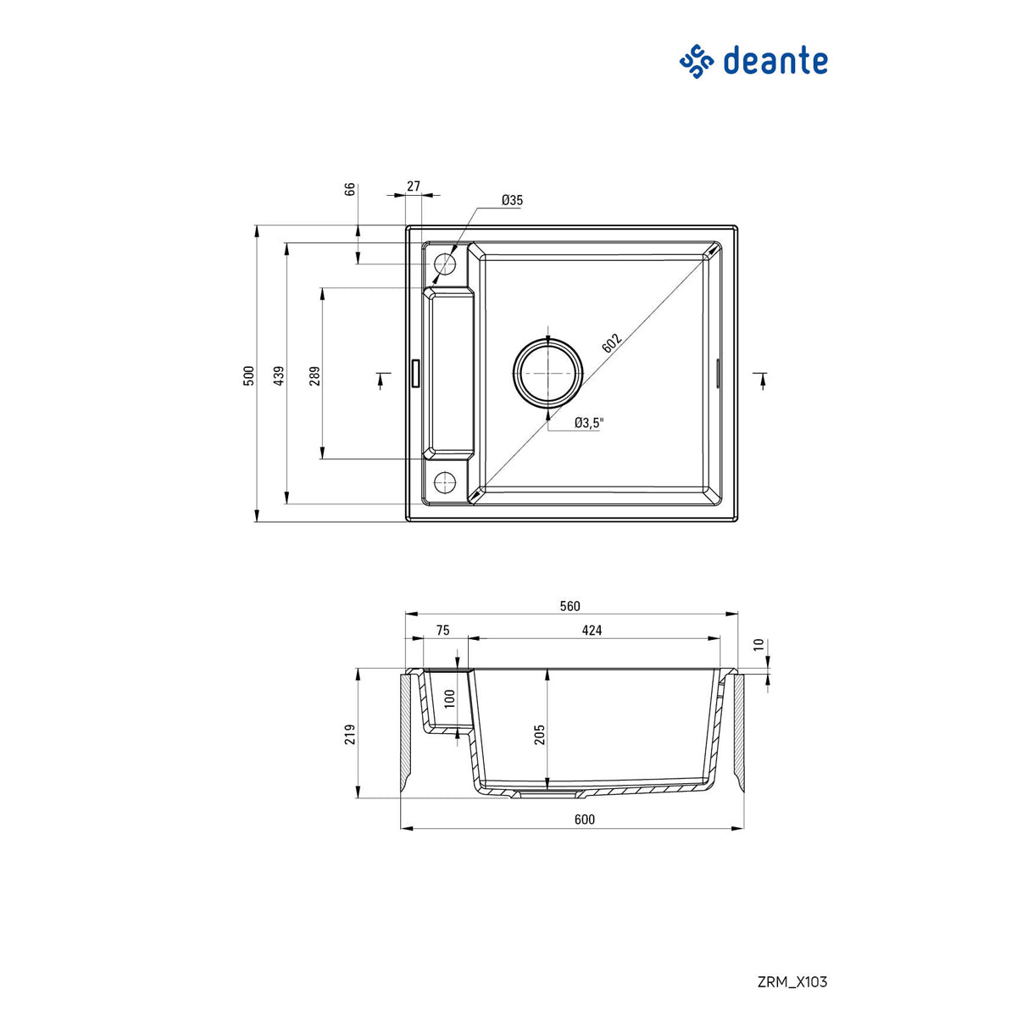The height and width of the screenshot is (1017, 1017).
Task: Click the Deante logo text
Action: tap(775, 62)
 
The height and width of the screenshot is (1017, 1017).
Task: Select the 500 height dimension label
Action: tap(249, 375)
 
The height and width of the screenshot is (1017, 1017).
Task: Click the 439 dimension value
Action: tap(279, 375)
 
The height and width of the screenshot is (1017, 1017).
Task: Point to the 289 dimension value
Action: tap(314, 375)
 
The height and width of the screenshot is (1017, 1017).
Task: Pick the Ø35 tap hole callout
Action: tap(512, 201)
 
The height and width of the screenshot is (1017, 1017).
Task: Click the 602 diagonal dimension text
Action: tap(612, 342)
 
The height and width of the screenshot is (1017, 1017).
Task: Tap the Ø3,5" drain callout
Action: tap(587, 423)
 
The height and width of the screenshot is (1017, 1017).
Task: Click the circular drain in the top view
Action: tap(548, 373)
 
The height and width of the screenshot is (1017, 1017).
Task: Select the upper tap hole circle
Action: tap(445, 264)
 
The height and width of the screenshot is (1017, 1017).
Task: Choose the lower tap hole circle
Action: tap(445, 482)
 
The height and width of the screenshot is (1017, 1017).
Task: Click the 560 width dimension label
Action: tap(570, 606)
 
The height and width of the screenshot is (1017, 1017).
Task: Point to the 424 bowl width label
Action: tap(592, 631)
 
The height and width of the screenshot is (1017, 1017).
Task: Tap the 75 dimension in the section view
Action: tap(442, 631)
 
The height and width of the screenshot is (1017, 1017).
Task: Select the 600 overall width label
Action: tap(585, 820)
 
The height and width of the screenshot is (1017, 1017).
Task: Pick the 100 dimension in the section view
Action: tap(450, 698)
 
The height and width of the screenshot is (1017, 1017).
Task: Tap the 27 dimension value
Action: tap(414, 186)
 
